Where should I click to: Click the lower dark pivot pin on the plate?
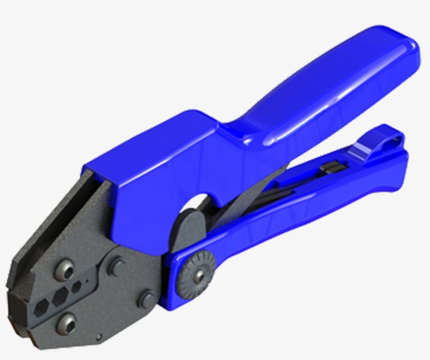(x=146, y=300)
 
